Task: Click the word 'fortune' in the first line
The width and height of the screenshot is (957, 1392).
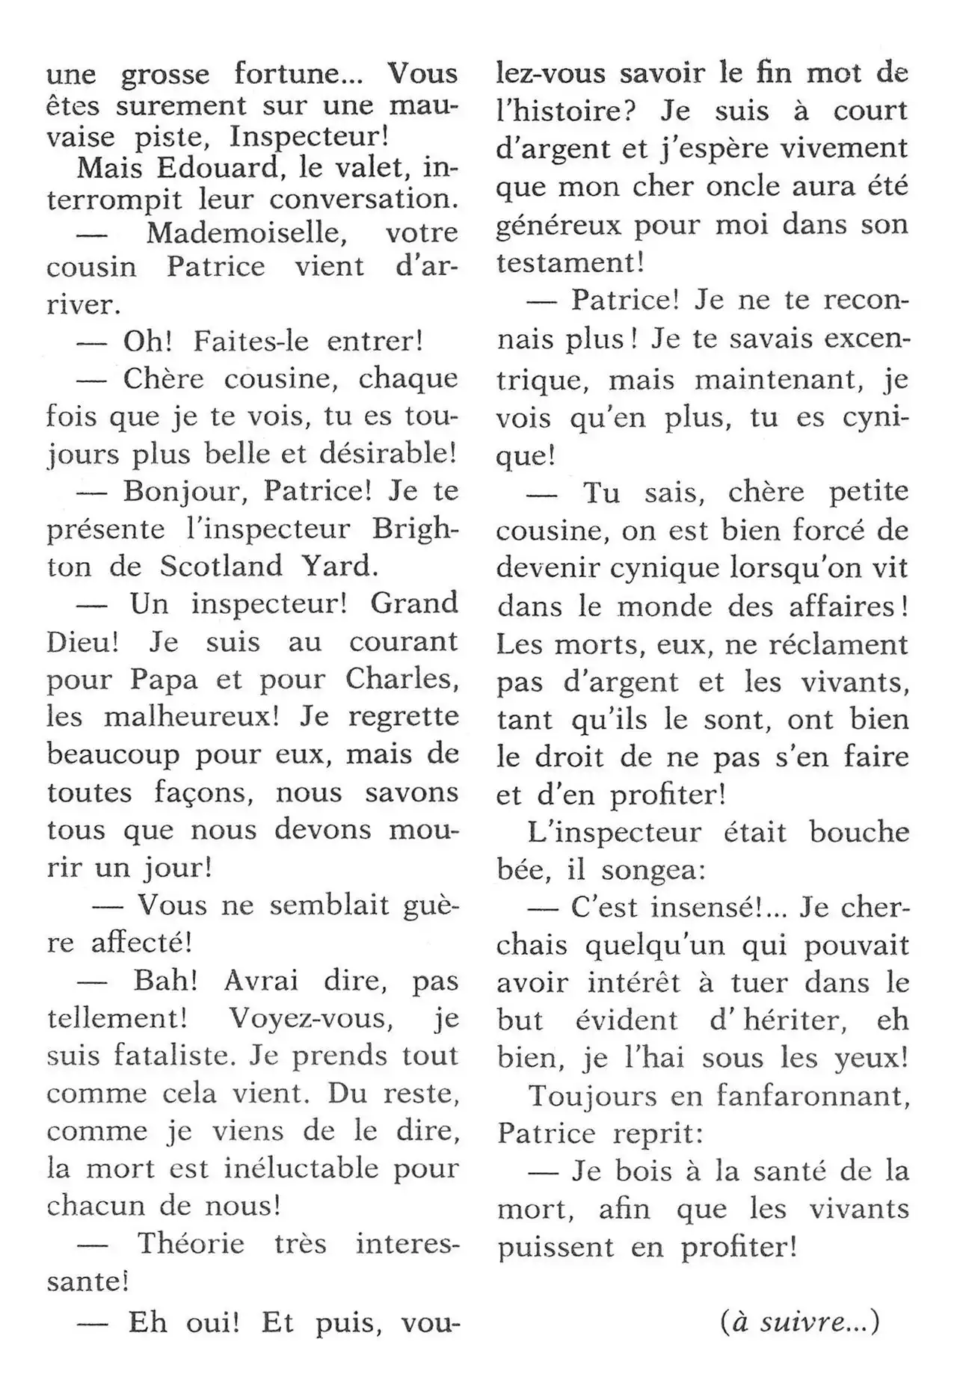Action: [283, 74]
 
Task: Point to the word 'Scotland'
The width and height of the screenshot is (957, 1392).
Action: [221, 566]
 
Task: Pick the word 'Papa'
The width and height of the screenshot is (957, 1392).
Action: [164, 679]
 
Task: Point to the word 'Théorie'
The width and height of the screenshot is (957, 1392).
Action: [191, 1243]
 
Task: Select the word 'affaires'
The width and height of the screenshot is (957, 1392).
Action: [846, 606]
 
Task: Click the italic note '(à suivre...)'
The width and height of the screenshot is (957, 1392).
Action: [800, 1322]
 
